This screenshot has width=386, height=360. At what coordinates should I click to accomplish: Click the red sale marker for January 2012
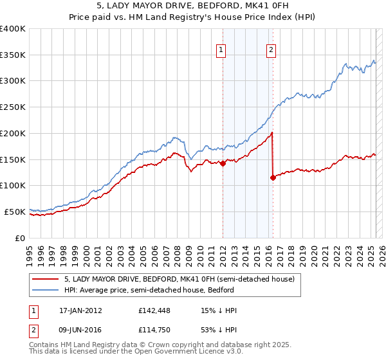tap(223, 163)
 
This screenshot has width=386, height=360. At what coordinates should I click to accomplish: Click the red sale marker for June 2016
tap(273, 177)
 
